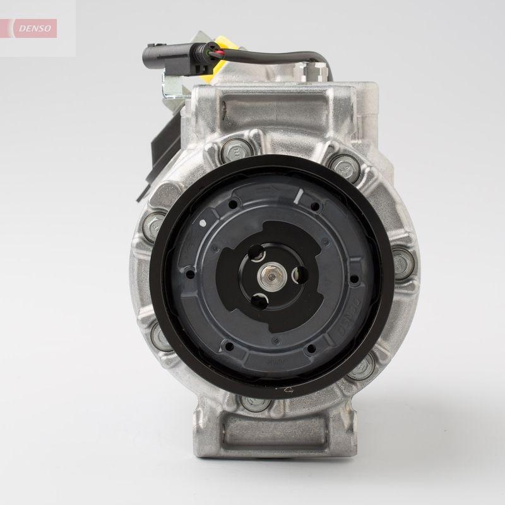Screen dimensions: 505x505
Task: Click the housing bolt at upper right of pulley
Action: point(345,165)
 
